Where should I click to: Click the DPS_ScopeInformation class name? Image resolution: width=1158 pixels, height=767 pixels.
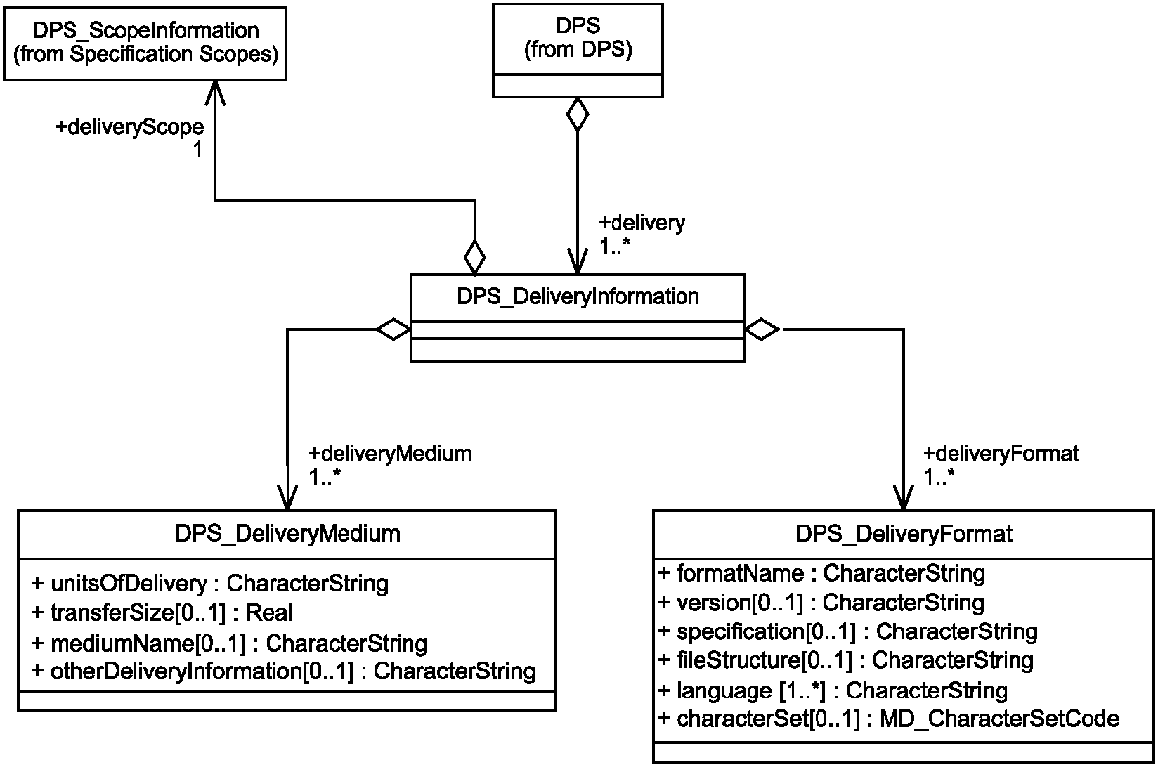coord(145,30)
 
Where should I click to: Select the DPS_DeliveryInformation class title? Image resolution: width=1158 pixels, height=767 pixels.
coord(578,296)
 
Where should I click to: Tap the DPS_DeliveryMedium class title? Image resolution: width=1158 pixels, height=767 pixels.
coord(287,533)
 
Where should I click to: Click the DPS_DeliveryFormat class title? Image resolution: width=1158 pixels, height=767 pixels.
coord(904,533)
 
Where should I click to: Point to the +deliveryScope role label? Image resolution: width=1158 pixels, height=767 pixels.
coord(130,127)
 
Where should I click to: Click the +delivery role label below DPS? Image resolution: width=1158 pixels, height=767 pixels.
coord(642,223)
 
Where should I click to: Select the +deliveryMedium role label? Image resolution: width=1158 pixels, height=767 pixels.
coord(390,454)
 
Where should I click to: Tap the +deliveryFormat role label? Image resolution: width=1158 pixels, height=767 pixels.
coord(1001,454)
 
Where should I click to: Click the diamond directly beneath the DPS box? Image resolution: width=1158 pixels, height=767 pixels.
coord(578,114)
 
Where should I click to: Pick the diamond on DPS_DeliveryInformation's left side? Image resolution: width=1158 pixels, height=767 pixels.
coord(393,329)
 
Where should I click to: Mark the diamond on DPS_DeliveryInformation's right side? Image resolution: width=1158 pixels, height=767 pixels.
coord(762,329)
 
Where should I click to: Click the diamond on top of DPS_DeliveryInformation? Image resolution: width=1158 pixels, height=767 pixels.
coord(474,257)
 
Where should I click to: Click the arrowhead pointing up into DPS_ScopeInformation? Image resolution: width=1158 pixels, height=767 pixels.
coord(215,93)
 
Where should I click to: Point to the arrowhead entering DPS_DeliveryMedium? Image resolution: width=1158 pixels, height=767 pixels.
coord(287,497)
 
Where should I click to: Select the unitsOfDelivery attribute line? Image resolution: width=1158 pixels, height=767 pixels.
coord(209,584)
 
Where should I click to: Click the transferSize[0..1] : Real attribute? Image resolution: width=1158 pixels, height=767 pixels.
coord(162,613)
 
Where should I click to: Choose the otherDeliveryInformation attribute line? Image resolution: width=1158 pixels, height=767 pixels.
coord(283,671)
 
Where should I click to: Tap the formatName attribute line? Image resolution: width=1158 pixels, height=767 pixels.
coord(821,573)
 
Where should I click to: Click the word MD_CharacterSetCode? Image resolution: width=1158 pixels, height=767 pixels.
coord(999,719)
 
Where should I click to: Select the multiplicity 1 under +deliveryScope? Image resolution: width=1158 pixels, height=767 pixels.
coord(197,150)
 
